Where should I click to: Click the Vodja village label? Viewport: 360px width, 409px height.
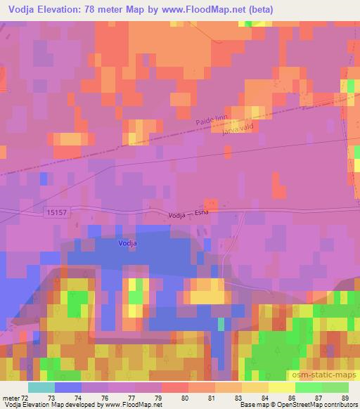[x=127, y=243]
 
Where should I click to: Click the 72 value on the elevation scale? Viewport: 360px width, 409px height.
[x=26, y=398]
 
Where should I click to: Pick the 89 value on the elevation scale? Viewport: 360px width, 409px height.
[x=345, y=398]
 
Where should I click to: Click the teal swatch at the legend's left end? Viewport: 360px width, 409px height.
[x=41, y=387]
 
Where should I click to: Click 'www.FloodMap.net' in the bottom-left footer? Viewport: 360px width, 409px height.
[x=131, y=405]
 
